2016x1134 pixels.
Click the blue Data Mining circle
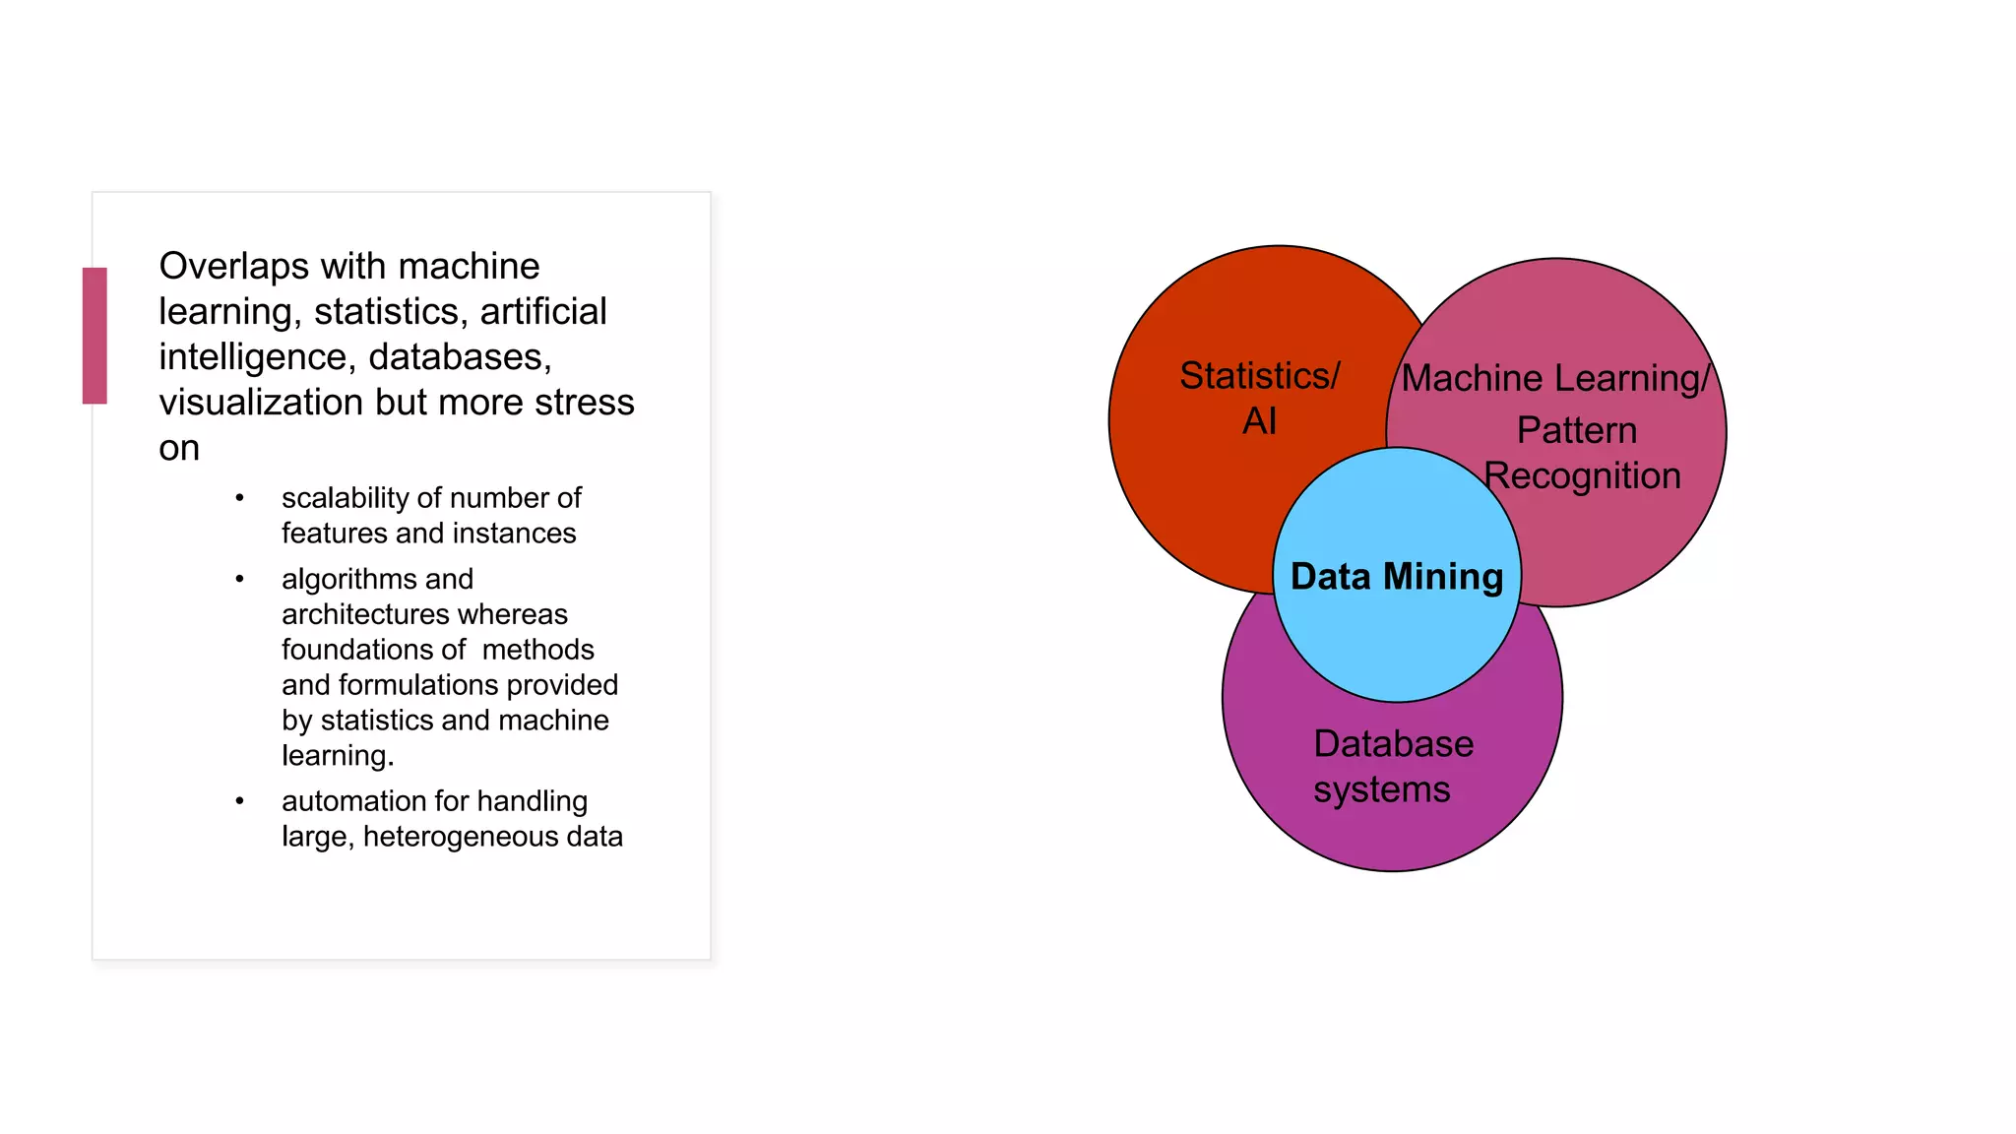coord(1397,630)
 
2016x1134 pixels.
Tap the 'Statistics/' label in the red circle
coord(1259,376)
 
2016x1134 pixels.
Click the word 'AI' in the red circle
coord(1259,421)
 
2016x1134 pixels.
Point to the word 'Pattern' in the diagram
coord(1576,430)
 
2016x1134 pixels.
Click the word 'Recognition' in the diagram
coord(1583,476)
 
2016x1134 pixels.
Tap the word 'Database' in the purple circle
coord(1393,744)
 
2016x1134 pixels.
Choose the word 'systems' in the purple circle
coord(1381,789)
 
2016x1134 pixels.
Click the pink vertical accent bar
coord(94,336)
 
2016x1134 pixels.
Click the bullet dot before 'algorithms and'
coord(239,579)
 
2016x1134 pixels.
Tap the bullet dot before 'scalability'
coord(239,498)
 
